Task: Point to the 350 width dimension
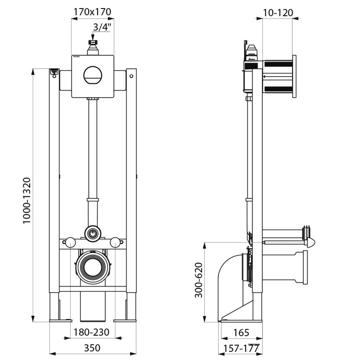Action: click(92, 348)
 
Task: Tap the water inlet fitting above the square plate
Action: click(93, 46)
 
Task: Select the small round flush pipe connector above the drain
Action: click(92, 233)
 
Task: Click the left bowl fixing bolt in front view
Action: click(70, 243)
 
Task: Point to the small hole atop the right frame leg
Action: click(131, 76)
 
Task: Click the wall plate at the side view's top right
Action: click(294, 76)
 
